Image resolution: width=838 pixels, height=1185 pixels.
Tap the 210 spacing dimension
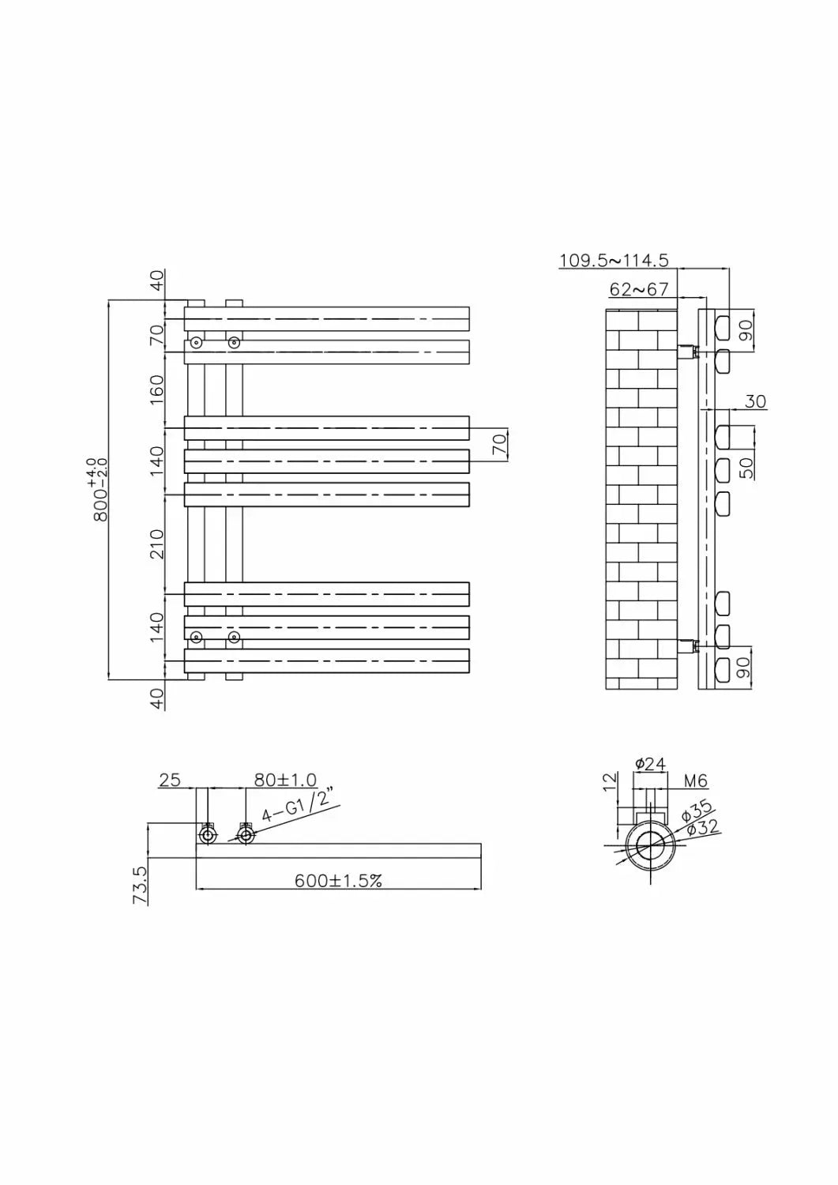click(156, 544)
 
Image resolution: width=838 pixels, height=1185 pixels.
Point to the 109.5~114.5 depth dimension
click(614, 260)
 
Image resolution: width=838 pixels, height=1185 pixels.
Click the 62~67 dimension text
click(639, 289)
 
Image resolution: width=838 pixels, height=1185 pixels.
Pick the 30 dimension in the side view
click(755, 401)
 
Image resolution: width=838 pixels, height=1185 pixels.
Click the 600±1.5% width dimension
click(338, 880)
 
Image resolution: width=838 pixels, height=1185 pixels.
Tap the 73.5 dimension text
click(139, 884)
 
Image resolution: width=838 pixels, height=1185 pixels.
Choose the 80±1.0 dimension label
click(284, 780)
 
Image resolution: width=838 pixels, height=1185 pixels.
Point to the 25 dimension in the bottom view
click(170, 780)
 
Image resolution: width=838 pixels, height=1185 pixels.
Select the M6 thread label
click(695, 781)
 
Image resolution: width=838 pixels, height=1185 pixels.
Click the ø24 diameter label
click(651, 763)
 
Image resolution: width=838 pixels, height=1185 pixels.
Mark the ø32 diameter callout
click(701, 827)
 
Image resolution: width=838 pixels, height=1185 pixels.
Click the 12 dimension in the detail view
click(608, 781)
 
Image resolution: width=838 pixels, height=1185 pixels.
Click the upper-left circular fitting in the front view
click(196, 343)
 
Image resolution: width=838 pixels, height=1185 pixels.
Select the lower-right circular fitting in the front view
click(233, 637)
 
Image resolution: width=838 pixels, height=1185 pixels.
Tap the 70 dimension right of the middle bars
click(499, 444)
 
